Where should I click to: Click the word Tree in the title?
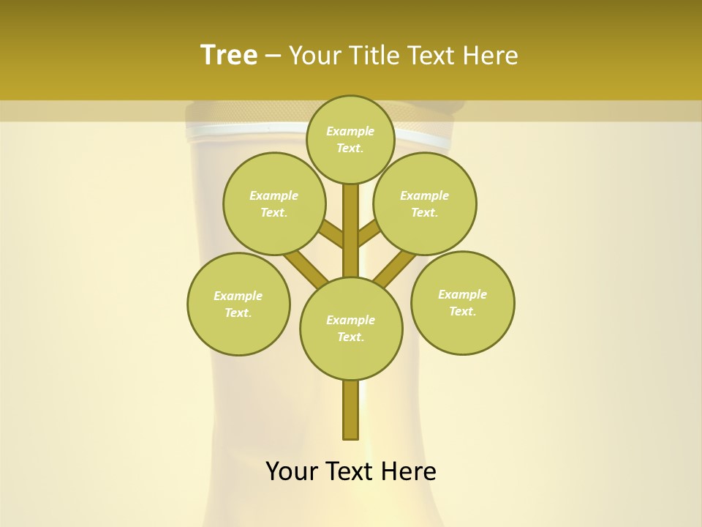(x=229, y=55)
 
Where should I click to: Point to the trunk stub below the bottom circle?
(x=351, y=410)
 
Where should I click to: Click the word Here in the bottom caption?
(x=410, y=471)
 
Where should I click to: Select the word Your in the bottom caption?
(x=292, y=471)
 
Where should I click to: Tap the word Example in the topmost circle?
(x=350, y=132)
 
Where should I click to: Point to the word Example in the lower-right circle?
(x=462, y=294)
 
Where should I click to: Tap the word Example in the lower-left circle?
(x=238, y=296)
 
